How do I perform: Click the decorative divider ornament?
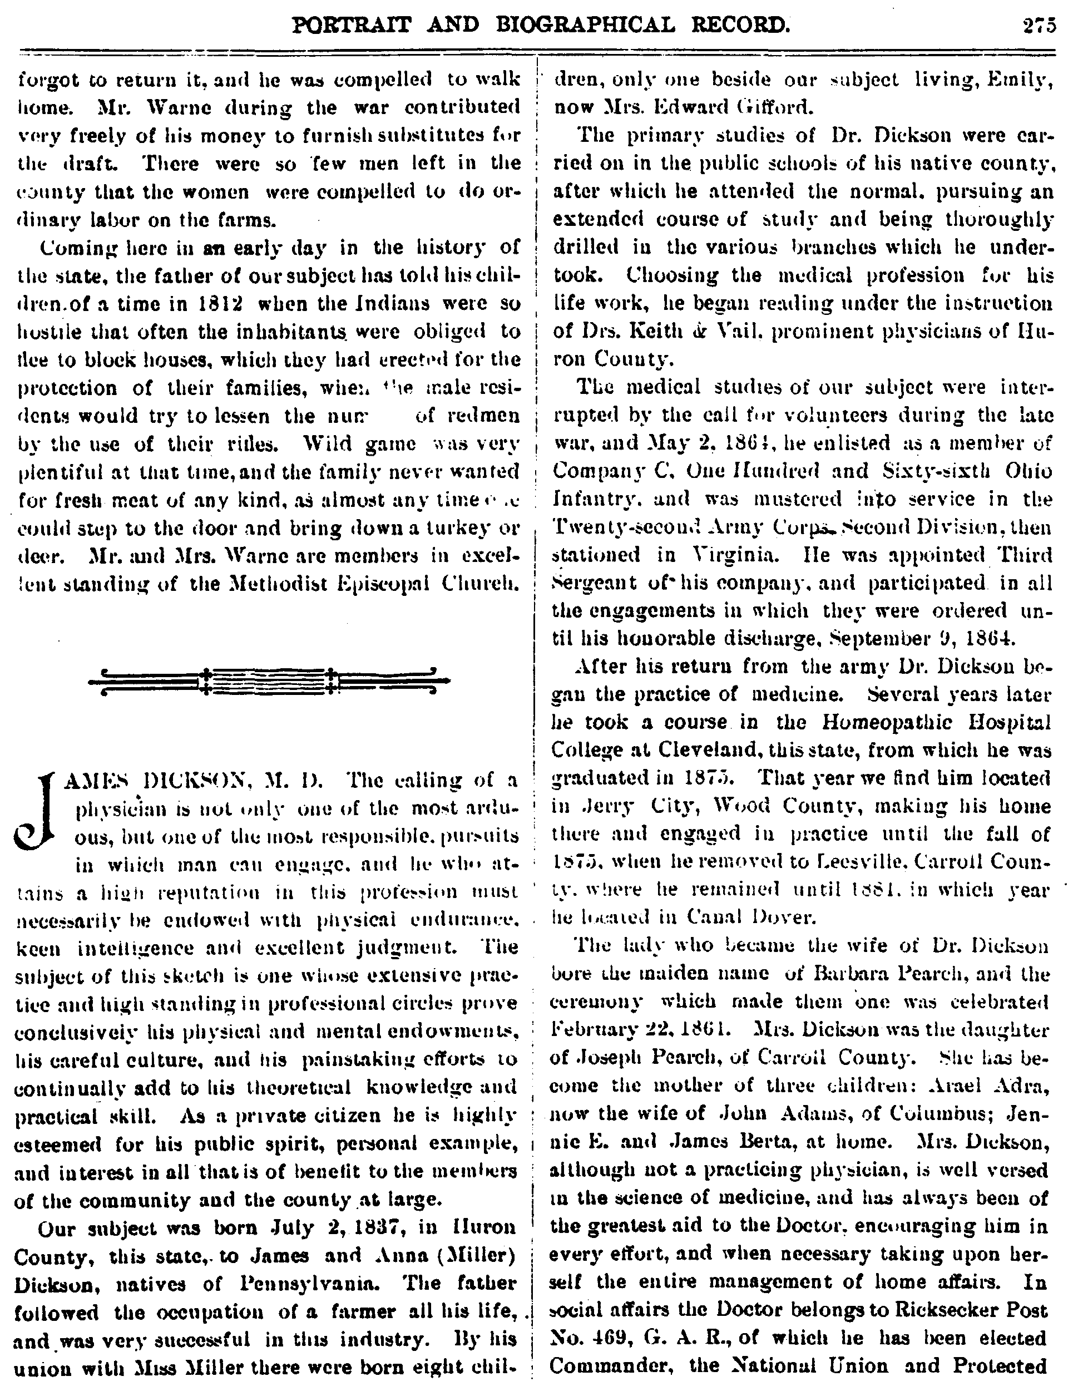coord(268,681)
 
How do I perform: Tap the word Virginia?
coord(728,554)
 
